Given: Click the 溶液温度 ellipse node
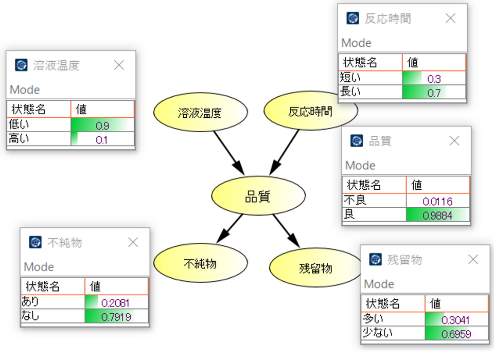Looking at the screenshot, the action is click(x=200, y=112).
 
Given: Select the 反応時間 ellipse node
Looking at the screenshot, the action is click(x=310, y=111).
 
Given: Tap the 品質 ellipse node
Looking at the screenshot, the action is click(x=258, y=195).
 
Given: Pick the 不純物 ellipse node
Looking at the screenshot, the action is click(x=200, y=263).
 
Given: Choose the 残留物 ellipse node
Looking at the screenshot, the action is click(x=315, y=267).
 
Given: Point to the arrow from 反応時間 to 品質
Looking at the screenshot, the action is click(x=284, y=152).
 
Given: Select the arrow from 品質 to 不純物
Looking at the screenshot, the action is click(x=230, y=229).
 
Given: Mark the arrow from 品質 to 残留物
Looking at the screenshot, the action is click(x=287, y=231).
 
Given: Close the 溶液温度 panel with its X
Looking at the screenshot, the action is click(x=119, y=65).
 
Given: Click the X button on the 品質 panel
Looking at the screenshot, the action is click(x=454, y=141).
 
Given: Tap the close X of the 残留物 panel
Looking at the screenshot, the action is click(x=473, y=260).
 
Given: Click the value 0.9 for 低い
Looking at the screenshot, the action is click(x=102, y=125).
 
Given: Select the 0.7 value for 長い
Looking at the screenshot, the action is click(x=434, y=93).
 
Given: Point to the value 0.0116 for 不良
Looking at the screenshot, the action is click(x=437, y=201).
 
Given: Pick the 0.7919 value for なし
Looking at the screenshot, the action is click(x=116, y=317).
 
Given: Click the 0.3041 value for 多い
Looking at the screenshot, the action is click(x=456, y=320).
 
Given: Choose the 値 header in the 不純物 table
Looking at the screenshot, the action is click(x=95, y=286).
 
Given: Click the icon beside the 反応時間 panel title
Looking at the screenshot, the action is click(x=352, y=19).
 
